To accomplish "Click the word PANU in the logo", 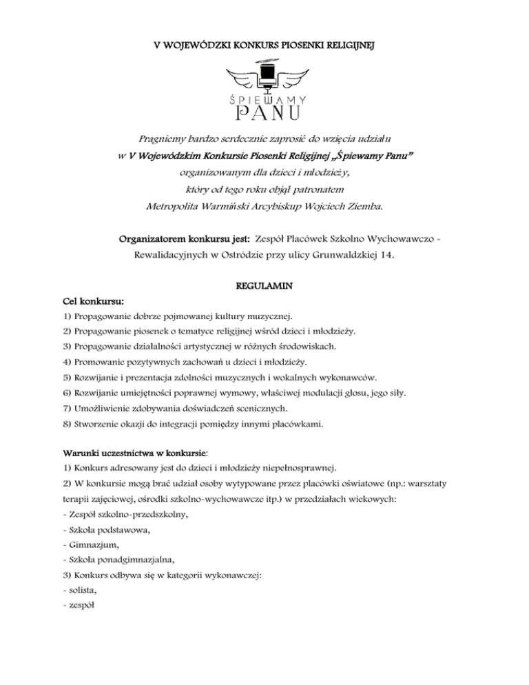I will click(264, 110).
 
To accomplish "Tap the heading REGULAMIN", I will click(264, 283).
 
